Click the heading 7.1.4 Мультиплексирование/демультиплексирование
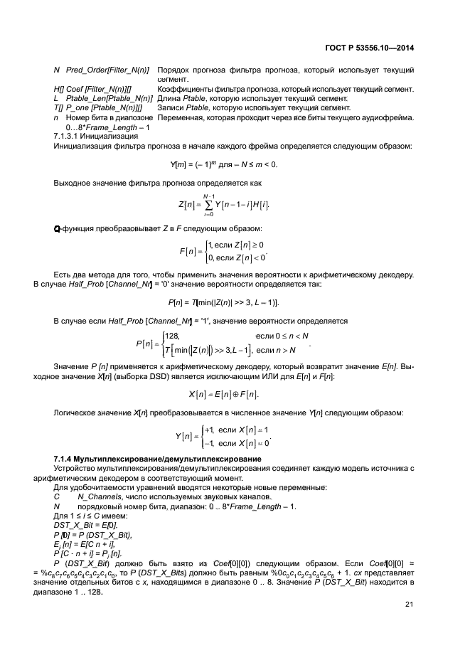154,458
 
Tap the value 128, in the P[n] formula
171,335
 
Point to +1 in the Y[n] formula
209,430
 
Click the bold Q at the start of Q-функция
57,228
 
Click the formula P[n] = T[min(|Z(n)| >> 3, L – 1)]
231,302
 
